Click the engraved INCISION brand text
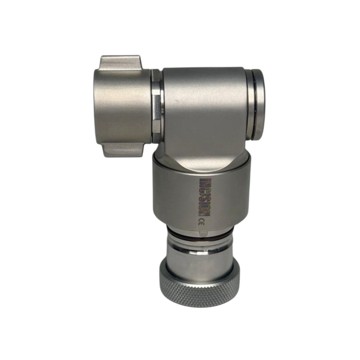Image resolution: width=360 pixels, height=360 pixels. pos(204,197)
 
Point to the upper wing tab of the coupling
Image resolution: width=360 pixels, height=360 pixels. pos(121,63)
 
